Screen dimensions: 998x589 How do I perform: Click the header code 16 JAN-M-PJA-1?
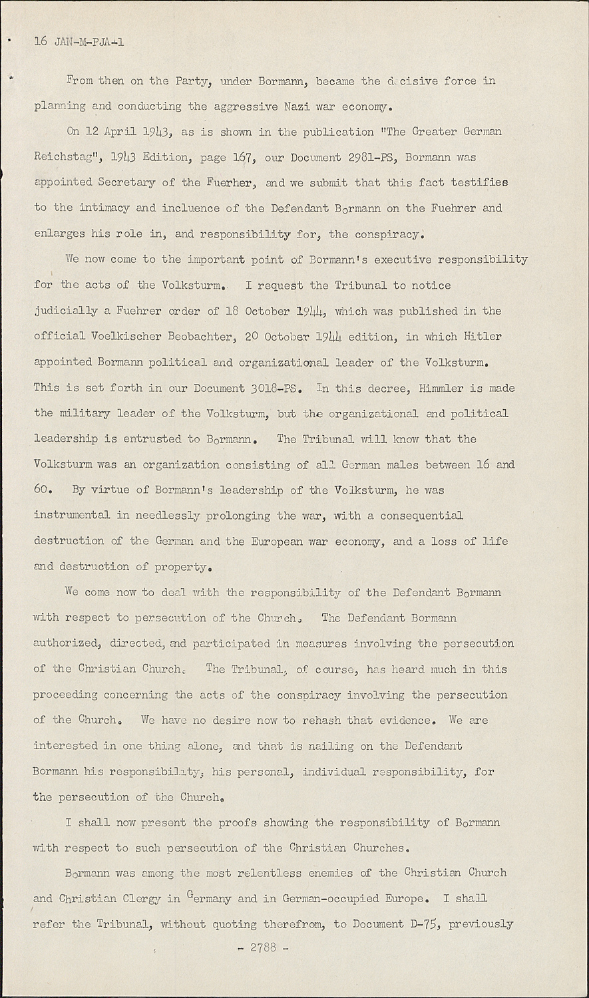[79, 42]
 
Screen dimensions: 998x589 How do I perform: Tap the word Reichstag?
[65, 158]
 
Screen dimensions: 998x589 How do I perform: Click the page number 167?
[236, 157]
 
